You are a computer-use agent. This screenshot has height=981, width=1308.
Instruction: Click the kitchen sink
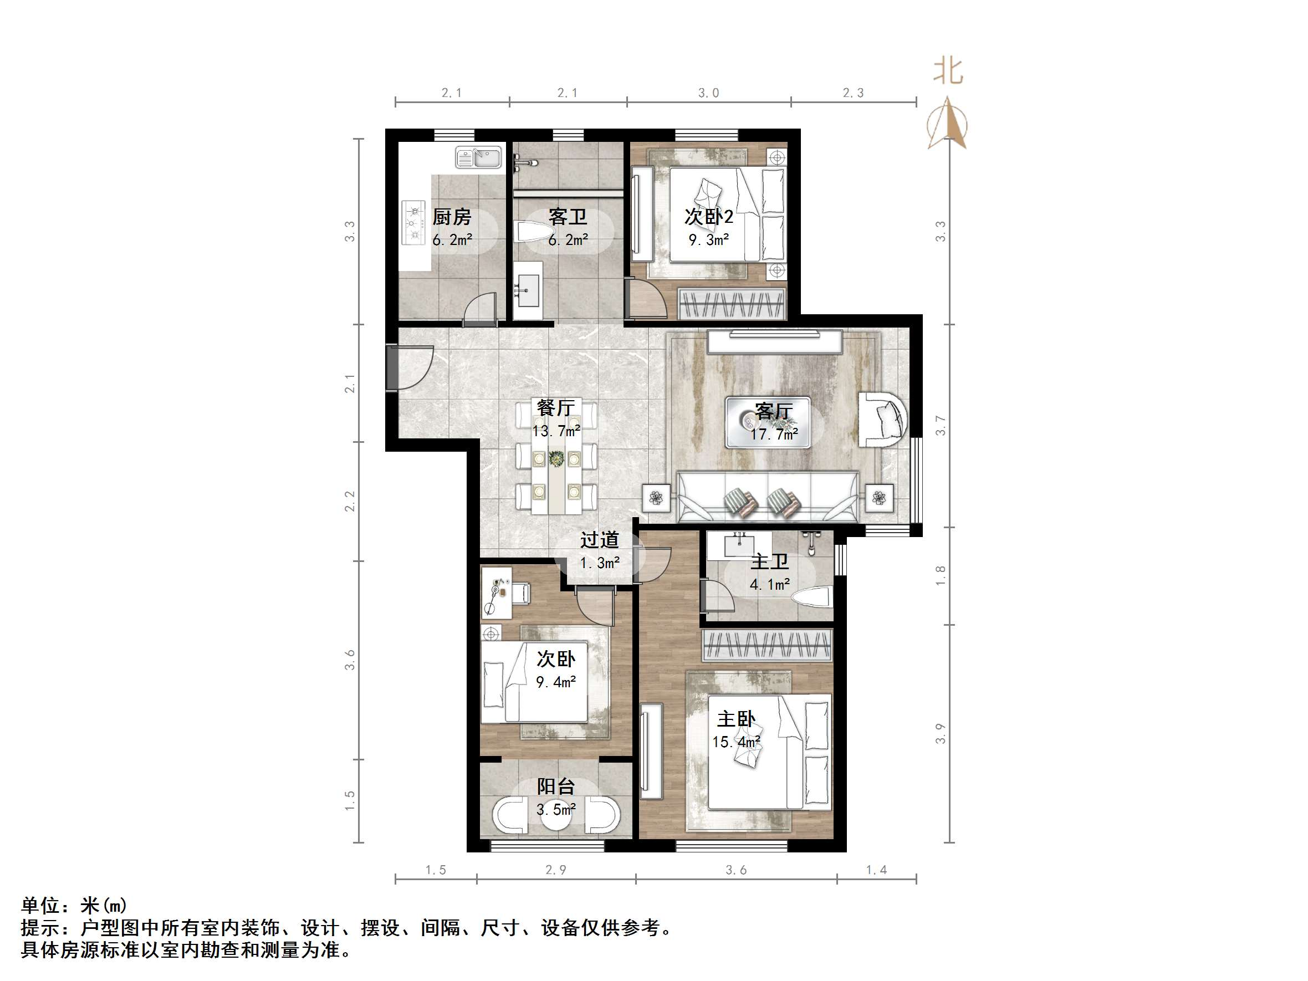point(478,158)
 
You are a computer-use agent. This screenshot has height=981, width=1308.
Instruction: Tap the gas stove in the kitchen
point(414,222)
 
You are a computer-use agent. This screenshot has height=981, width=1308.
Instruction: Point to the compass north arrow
point(948,124)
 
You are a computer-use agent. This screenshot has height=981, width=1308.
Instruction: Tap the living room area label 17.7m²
point(774,435)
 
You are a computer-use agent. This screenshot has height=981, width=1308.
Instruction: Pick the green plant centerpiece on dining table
point(556,458)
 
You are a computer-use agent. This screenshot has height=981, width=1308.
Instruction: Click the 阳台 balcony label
point(556,786)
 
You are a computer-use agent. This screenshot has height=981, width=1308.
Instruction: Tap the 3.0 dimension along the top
point(708,93)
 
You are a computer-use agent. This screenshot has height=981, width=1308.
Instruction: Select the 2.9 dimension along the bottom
point(556,870)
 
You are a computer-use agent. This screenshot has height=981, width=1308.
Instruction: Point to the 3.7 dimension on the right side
point(940,426)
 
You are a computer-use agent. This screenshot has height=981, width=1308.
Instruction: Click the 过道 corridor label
point(600,540)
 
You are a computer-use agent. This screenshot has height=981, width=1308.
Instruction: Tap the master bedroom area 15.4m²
point(736,742)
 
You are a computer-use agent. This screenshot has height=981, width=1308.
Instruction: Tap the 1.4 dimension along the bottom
point(876,870)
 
